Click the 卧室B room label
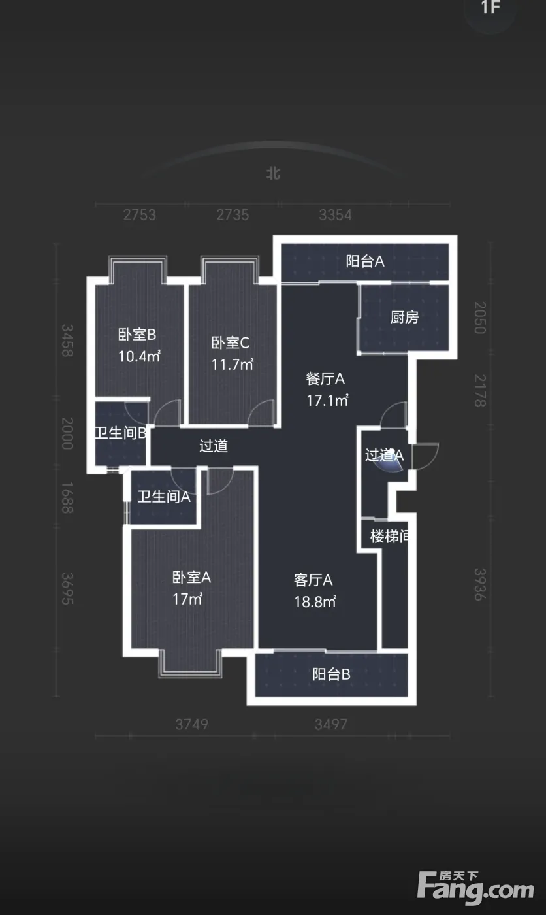click(x=137, y=335)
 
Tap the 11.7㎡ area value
click(x=233, y=365)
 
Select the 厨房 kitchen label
click(x=404, y=318)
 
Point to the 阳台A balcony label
click(x=365, y=261)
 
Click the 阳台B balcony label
click(x=331, y=674)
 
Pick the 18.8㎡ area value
click(x=315, y=602)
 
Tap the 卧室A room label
click(x=191, y=578)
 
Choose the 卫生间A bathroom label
click(x=164, y=497)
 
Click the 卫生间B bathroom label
click(x=121, y=433)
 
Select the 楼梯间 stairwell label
click(x=389, y=537)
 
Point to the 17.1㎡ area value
click(x=328, y=400)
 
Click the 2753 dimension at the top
click(x=140, y=215)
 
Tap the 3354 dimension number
click(x=336, y=215)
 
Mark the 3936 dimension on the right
click(x=480, y=584)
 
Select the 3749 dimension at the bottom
click(x=192, y=724)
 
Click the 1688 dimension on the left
click(x=67, y=497)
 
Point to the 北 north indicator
click(x=274, y=173)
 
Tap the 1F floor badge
click(x=490, y=7)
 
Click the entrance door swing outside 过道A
click(x=425, y=456)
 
